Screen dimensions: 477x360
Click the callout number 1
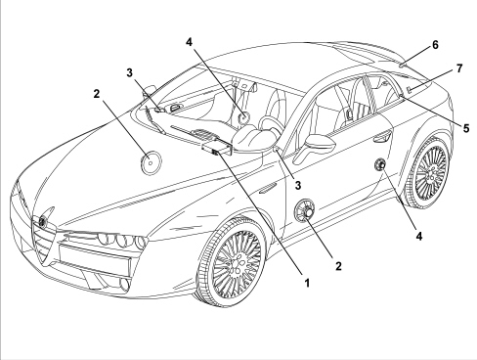pos(307,283)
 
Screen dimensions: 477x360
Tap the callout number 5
pos(466,128)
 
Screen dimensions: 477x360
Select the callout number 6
pos(436,45)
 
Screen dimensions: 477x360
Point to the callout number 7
pos(459,68)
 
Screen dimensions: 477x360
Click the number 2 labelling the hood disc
pos(96,94)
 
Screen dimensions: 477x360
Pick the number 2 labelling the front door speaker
pos(338,266)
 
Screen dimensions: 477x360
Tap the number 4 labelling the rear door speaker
pos(419,236)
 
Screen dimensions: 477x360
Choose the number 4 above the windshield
pos(190,42)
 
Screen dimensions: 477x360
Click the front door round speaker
pos(305,210)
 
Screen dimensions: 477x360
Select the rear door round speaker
pos(380,165)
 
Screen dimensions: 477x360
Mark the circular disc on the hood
pos(151,162)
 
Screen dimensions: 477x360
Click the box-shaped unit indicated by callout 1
pos(218,148)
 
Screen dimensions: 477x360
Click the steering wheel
pos(271,125)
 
